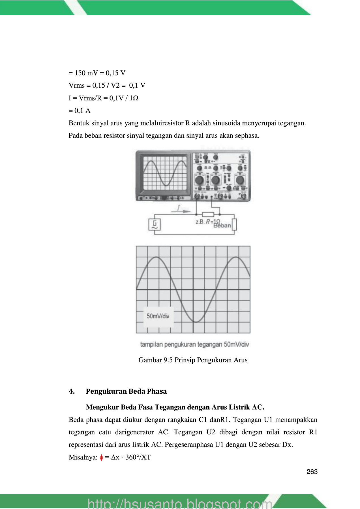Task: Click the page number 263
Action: (x=312, y=472)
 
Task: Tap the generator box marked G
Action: (x=155, y=225)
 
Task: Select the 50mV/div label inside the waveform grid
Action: (x=158, y=316)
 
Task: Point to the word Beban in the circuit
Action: (x=222, y=226)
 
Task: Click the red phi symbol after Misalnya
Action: (x=101, y=457)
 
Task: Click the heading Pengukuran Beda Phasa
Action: (x=126, y=391)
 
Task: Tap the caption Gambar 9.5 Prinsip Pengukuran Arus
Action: (x=193, y=360)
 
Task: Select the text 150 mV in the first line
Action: (x=86, y=73)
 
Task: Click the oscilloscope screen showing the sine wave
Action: (x=165, y=173)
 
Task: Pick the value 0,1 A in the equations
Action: (x=82, y=111)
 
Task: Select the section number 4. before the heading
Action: (x=72, y=391)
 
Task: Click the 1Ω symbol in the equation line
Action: (x=134, y=98)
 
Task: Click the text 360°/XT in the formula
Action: (x=138, y=457)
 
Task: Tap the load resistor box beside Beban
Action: (x=234, y=225)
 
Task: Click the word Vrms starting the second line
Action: (x=77, y=85)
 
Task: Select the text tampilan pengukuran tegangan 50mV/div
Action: (x=194, y=344)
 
